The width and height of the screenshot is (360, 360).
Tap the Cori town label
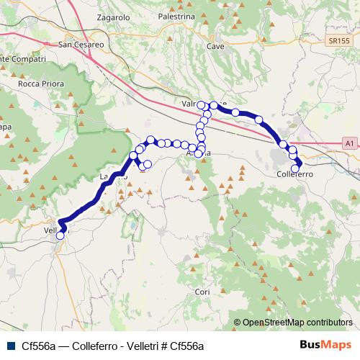coord(202,292)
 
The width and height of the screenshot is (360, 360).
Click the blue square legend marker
coord(11,346)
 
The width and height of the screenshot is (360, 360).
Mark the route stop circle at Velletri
coord(60,235)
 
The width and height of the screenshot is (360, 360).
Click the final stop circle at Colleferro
coord(298,168)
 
